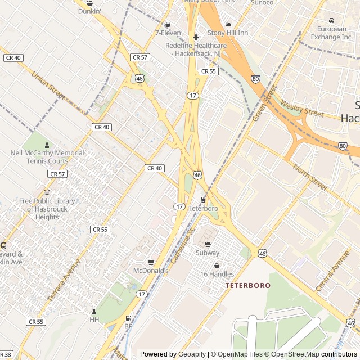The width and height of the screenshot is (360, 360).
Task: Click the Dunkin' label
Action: tap(89, 11)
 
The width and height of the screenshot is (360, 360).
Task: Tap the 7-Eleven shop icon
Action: tap(168, 24)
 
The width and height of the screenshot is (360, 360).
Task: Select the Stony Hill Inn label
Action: tap(228, 33)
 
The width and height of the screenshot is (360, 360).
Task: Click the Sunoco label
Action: tap(262, 3)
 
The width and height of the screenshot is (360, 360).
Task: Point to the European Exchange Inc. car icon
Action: tap(332, 21)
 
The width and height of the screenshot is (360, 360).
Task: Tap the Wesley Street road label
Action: tap(302, 109)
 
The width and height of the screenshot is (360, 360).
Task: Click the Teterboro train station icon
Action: tap(203, 199)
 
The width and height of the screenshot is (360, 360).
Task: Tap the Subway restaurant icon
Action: tap(208, 244)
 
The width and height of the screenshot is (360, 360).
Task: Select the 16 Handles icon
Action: tap(217, 265)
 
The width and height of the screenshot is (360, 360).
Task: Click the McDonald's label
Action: tap(151, 270)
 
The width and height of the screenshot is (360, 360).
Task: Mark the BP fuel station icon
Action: tap(128, 318)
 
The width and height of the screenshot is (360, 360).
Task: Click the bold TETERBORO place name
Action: tap(248, 285)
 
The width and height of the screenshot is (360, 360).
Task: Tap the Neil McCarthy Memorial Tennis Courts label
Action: tap(47, 157)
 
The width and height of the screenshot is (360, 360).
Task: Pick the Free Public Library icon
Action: tap(47, 192)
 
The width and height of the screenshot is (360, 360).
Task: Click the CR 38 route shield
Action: tap(6, 354)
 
